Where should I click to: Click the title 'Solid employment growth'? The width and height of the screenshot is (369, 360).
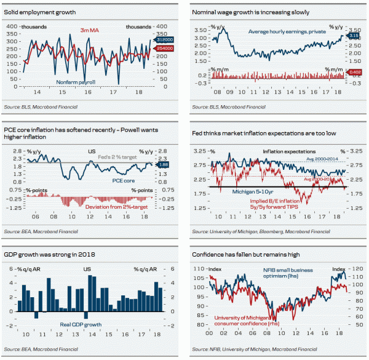tap(39, 12)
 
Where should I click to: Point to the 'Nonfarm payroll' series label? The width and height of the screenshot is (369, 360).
tap(77, 81)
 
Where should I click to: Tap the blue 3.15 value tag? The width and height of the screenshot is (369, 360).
tap(353, 36)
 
